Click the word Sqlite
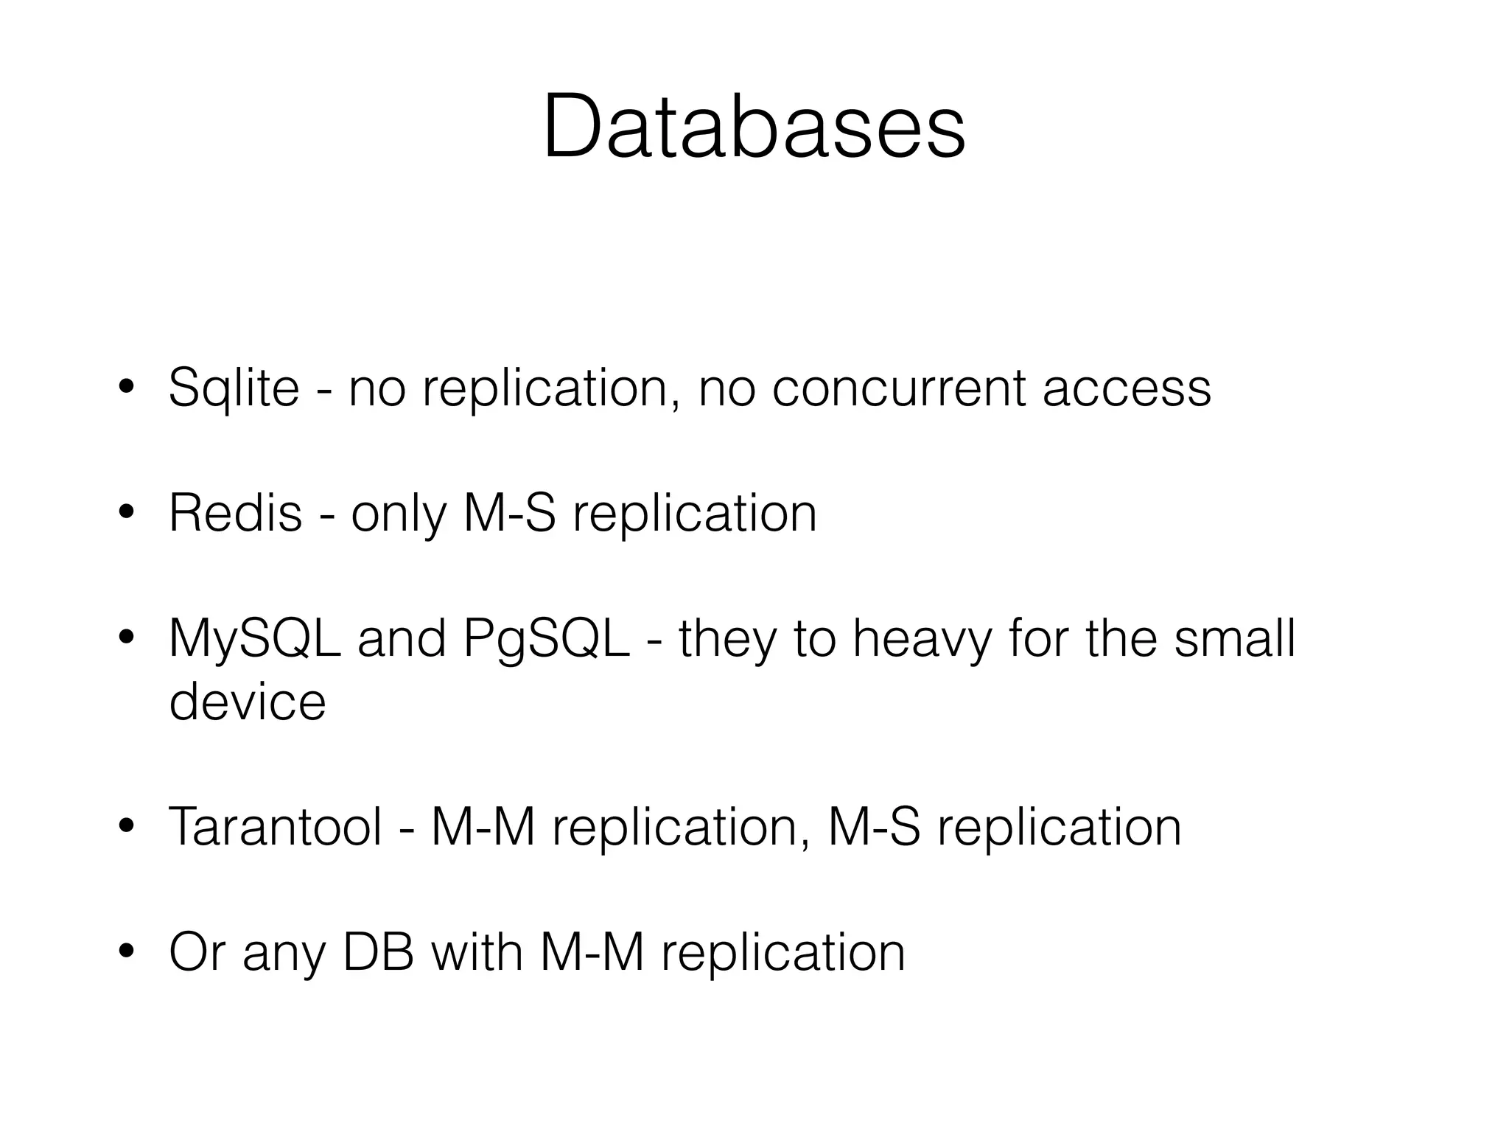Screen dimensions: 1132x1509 [234, 388]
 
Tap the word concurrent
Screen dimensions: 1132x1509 [898, 388]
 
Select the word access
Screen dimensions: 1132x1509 [1127, 388]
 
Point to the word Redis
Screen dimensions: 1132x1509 [235, 513]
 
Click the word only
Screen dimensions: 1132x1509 [399, 514]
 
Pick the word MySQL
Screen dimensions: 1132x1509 [255, 639]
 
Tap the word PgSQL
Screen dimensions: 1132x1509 [547, 639]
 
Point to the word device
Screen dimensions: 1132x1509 [247, 701]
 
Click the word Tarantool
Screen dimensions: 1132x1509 [276, 827]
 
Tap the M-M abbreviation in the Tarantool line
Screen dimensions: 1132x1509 [483, 827]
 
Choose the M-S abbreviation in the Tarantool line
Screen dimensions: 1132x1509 [874, 827]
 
